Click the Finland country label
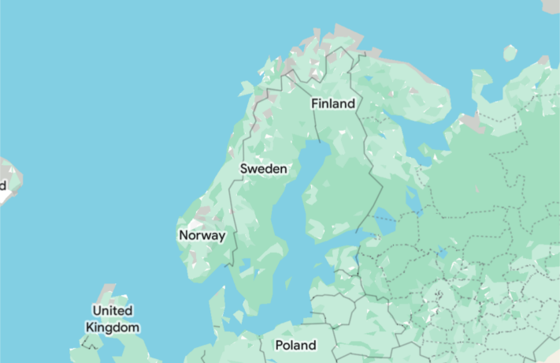click(x=332, y=103)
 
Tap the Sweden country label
click(x=263, y=168)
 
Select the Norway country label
click(x=202, y=235)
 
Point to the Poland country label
click(x=295, y=345)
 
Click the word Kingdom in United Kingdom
click(x=113, y=327)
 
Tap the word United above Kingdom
click(x=113, y=310)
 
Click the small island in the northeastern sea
click(x=510, y=53)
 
